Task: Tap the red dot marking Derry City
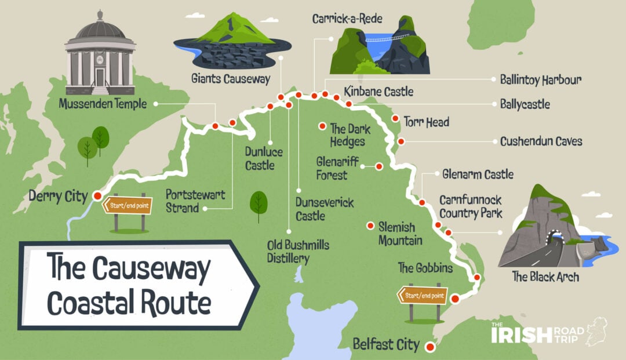coord(97,197)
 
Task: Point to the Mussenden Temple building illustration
coord(100,58)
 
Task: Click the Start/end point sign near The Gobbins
coord(421,296)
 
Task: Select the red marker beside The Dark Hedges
coord(322,126)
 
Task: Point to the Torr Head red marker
coord(395,118)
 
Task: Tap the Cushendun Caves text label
coord(541,141)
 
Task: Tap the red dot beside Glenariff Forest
coord(378,166)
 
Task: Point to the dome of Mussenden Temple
coord(100,26)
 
